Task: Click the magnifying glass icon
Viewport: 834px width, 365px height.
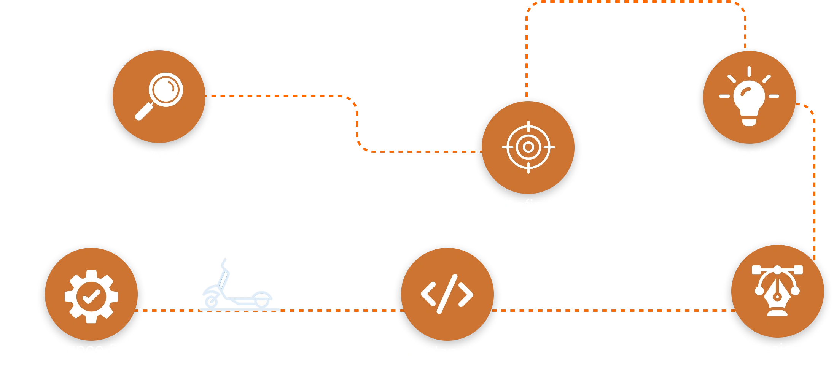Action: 160,96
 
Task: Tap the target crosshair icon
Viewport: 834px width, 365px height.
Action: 528,147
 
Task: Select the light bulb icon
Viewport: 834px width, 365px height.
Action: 749,97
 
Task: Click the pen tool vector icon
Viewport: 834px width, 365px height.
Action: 777,291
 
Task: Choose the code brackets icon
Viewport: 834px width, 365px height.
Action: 447,294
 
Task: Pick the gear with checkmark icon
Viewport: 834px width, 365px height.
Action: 91,296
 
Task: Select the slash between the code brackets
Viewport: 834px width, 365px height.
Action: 447,294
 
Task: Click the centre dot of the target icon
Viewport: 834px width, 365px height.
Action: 528,147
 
